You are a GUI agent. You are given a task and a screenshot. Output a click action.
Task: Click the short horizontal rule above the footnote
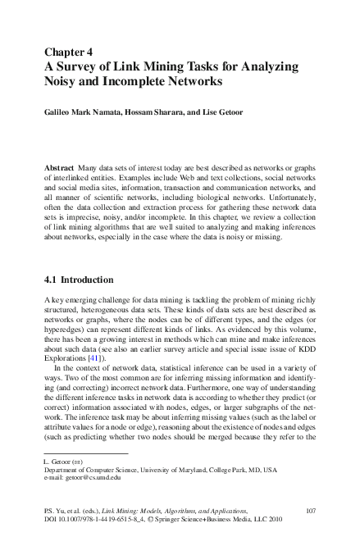tap(86, 452)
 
